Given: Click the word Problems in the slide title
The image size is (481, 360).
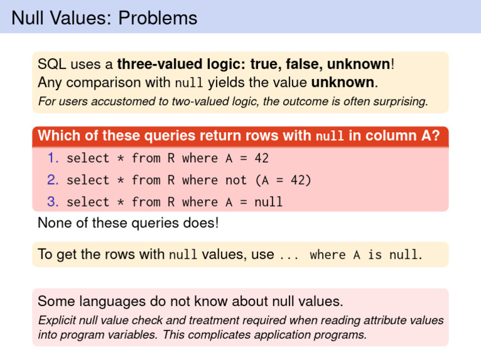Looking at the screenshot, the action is point(158,18).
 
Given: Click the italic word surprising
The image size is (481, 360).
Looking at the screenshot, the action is point(401,101).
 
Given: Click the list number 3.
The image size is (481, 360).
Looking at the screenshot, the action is point(53,202).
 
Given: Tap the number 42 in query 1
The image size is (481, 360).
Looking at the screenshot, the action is point(262,158).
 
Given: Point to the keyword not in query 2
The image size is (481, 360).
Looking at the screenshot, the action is point(236,180).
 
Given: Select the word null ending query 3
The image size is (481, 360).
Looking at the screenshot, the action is point(269,202).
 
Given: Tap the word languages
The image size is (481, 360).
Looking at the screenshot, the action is point(113,301).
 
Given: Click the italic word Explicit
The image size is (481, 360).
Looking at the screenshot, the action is point(57,320).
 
